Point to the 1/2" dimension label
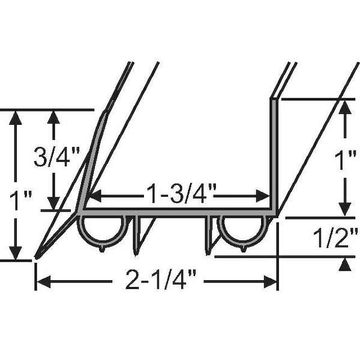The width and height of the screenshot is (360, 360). tap(335, 238)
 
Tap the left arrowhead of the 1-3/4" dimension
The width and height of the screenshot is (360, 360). tap(95, 196)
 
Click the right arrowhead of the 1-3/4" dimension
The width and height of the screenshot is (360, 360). tap(263, 196)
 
